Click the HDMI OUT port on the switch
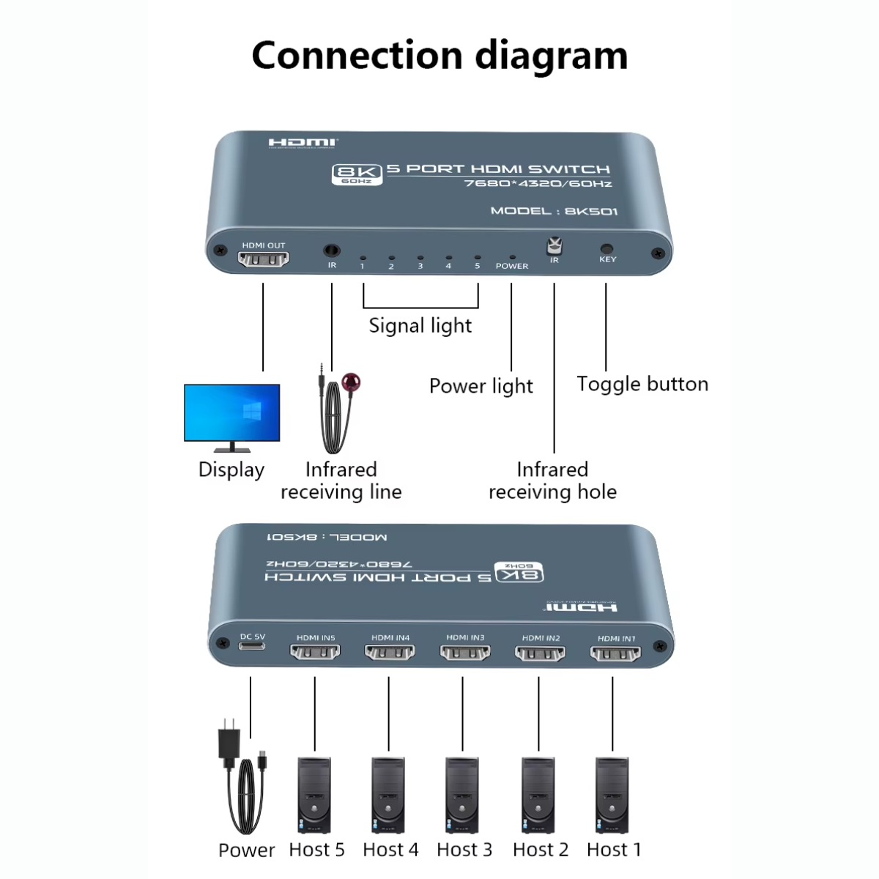pyautogui.click(x=264, y=259)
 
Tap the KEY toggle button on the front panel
pyautogui.click(x=607, y=248)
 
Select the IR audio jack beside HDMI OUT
pyautogui.click(x=332, y=251)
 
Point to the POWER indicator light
pyautogui.click(x=512, y=257)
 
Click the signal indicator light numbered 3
pyautogui.click(x=420, y=258)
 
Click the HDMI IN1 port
pyautogui.click(x=615, y=651)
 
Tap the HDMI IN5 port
pyautogui.click(x=315, y=650)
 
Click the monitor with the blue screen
pyautogui.click(x=231, y=414)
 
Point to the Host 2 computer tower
pyautogui.click(x=538, y=795)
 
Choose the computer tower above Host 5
pyautogui.click(x=314, y=795)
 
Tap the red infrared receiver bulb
pyautogui.click(x=352, y=382)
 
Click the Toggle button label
pyautogui.click(x=642, y=385)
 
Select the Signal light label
pyautogui.click(x=420, y=326)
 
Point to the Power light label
pyautogui.click(x=481, y=386)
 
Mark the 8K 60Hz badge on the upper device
pyautogui.click(x=357, y=174)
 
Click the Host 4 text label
pyautogui.click(x=390, y=850)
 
